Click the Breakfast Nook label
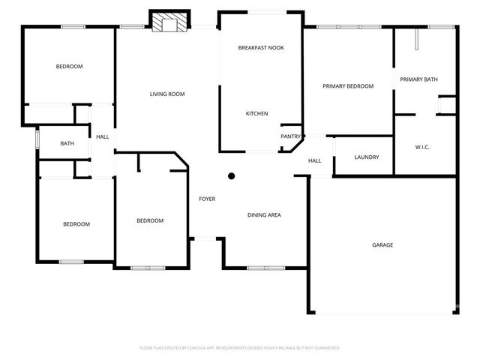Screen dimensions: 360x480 click(261, 47)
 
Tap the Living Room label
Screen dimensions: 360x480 click(167, 94)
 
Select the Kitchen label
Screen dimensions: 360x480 click(257, 114)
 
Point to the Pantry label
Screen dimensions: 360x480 click(290, 136)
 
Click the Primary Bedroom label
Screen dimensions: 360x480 click(348, 86)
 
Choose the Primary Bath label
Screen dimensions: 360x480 click(418, 79)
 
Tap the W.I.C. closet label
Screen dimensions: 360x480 click(421, 147)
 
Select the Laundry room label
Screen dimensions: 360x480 click(367, 157)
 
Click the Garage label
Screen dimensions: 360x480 click(382, 245)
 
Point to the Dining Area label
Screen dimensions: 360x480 click(264, 215)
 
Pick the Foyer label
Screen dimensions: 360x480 click(207, 199)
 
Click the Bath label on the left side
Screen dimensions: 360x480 click(67, 143)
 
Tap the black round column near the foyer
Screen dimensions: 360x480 click(232, 176)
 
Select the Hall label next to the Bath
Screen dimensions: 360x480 click(103, 136)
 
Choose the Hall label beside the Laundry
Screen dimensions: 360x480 click(315, 160)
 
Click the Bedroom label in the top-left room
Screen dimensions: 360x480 click(69, 67)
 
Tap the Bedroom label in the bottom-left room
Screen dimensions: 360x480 click(76, 224)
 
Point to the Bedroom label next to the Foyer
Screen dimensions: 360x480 click(150, 220)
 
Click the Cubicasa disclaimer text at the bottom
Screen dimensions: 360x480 click(240, 348)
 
